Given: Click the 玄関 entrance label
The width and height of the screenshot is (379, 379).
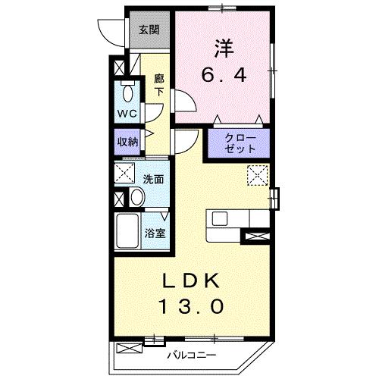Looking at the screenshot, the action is click(149, 30).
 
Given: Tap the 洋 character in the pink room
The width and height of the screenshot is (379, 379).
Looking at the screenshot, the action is click(224, 48).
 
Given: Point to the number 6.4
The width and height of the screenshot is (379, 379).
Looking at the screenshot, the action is click(224, 75).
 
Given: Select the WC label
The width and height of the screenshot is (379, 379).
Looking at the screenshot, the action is click(127, 114).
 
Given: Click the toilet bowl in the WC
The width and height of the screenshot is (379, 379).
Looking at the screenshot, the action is click(127, 92).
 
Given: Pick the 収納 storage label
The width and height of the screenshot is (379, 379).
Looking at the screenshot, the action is click(127, 142).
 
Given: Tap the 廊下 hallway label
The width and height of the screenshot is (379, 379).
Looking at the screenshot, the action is click(159, 85).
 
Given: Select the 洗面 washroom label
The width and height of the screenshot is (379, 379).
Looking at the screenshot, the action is click(153, 179).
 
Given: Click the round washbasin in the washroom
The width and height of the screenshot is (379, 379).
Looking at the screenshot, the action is click(136, 196).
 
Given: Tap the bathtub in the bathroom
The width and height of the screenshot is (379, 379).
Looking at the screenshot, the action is click(127, 231).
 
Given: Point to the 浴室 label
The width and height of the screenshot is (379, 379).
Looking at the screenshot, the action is click(155, 233).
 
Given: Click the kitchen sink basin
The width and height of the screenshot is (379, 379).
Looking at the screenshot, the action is click(220, 218).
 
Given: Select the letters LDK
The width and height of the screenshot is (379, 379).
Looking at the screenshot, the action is click(190, 281).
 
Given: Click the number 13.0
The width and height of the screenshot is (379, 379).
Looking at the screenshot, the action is click(191, 306).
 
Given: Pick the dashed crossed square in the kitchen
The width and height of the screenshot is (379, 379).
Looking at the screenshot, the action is click(257, 175).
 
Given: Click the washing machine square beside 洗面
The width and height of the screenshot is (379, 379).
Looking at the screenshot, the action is click(124, 173).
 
